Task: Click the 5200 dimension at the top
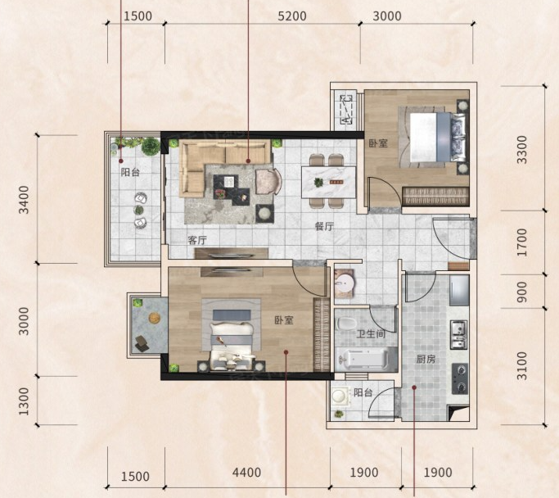[x=292, y=16]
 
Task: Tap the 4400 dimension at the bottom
[x=246, y=473]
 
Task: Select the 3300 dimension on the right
[x=522, y=149]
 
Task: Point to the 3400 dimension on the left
[x=24, y=199]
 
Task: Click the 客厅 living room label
[x=197, y=240]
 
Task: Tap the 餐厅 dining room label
[x=324, y=226]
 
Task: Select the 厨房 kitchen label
[x=426, y=359]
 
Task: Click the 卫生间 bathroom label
[x=371, y=334]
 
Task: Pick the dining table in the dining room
[x=329, y=182]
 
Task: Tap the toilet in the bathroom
[x=346, y=324]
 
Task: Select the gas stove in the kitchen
[x=460, y=378]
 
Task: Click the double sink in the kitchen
[x=459, y=335]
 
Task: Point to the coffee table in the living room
[x=232, y=189]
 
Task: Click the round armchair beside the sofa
[x=268, y=182]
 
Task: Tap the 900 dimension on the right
[x=522, y=292]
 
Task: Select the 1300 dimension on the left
[x=24, y=401]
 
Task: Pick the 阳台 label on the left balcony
[x=130, y=172]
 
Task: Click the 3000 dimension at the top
[x=387, y=16]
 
